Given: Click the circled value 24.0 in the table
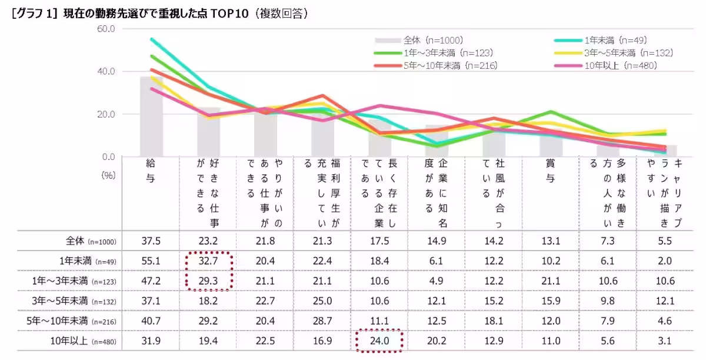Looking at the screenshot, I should click(379, 341).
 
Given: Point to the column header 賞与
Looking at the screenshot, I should click(550, 171).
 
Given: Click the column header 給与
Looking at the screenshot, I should click(151, 171).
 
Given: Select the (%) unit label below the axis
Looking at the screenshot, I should click(108, 175).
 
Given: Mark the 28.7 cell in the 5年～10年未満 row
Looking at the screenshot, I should click(322, 321).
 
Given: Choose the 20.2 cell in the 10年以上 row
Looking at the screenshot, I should click(437, 341).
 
